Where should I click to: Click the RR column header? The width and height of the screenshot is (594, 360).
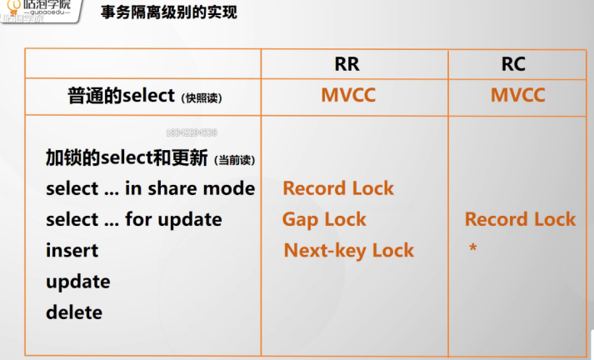coord(347,64)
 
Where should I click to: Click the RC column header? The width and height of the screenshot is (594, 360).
coord(513,64)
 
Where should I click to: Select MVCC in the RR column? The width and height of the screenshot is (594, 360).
coord(348,95)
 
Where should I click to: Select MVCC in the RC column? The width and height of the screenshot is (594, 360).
coord(517,95)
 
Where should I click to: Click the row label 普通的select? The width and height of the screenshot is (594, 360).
coord(121,96)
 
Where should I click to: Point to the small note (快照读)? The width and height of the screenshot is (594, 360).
coord(201,97)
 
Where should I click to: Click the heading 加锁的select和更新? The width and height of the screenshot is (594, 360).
coord(127,157)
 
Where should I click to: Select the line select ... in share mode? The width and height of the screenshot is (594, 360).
coord(150,188)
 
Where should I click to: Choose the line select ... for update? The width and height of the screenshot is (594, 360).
coord(133,219)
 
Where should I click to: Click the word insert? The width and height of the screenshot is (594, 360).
coord(72,250)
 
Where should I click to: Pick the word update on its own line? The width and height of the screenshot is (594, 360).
coord(77,281)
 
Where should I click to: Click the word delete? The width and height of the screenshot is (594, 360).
coord(74,312)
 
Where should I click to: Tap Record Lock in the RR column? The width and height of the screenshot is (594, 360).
coord(337,188)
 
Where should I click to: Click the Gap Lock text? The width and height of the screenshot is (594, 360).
coord(324,219)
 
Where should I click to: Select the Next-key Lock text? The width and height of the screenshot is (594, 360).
coord(348,250)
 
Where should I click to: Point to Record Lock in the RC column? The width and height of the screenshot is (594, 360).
coord(520,219)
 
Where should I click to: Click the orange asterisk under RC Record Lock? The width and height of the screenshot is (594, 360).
coord(472,247)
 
